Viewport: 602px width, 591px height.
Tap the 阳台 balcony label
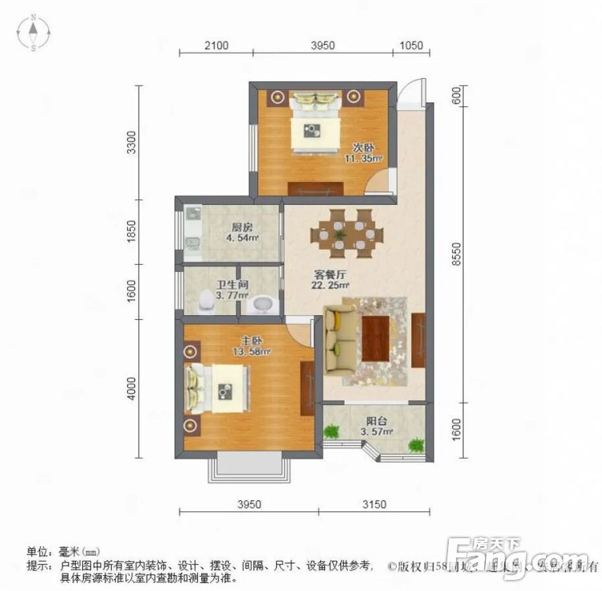click(x=376, y=421)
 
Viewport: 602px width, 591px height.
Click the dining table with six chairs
click(x=346, y=232)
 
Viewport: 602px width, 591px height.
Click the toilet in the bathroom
click(x=208, y=300)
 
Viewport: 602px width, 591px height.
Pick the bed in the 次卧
click(x=316, y=124)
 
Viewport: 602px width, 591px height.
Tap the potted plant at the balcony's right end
click(x=415, y=445)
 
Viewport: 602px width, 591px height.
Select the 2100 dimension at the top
click(x=215, y=46)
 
